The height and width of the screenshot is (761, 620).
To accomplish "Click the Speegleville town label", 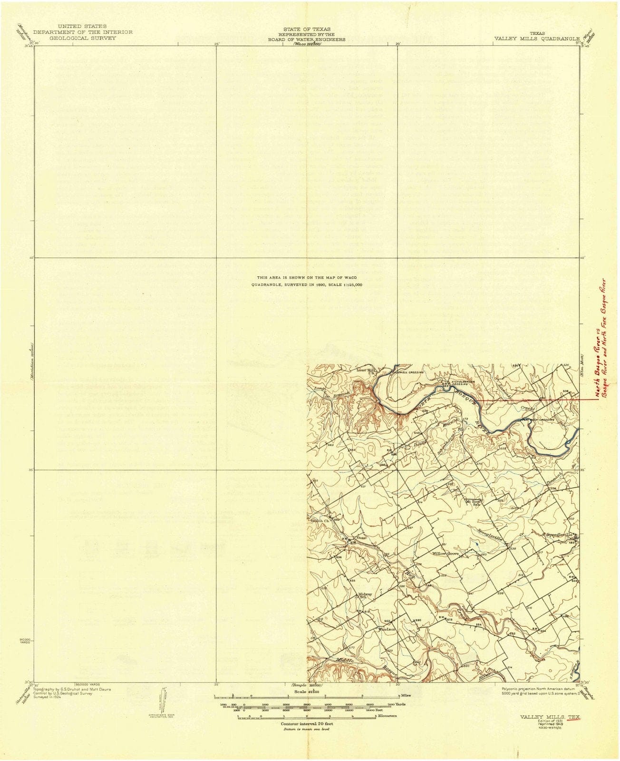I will [562, 535].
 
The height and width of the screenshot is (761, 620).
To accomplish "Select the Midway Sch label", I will [365, 595].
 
